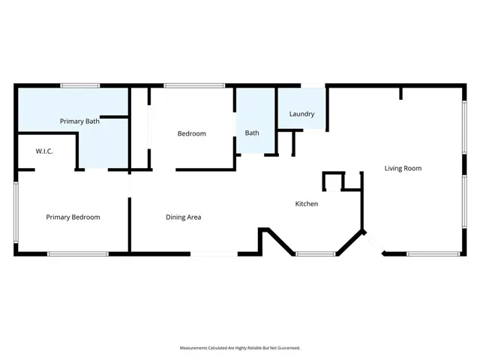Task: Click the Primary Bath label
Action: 81,121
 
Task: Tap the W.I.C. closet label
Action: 44,151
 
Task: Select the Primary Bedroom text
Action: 73,217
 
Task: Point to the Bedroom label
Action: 191,133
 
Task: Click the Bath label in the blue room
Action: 252,133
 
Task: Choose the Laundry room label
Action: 301,114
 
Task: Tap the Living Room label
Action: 403,168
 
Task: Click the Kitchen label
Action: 306,204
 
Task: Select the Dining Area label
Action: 183,217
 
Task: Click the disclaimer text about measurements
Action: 240,348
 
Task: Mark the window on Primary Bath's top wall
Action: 80,85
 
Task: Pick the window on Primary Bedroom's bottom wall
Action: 78,254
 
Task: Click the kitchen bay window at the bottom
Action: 315,254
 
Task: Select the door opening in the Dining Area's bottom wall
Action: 214,254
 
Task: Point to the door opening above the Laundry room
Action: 313,85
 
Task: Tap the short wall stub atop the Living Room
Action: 401,92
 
